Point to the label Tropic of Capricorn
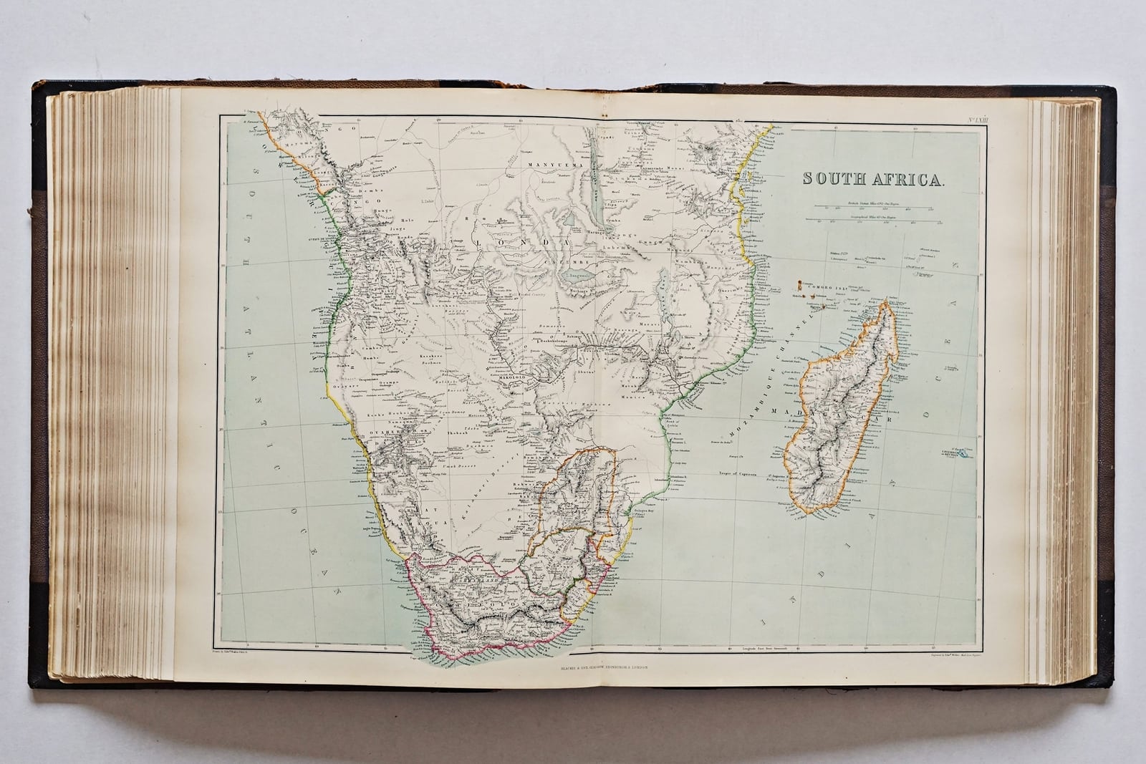pyautogui.click(x=738, y=473)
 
